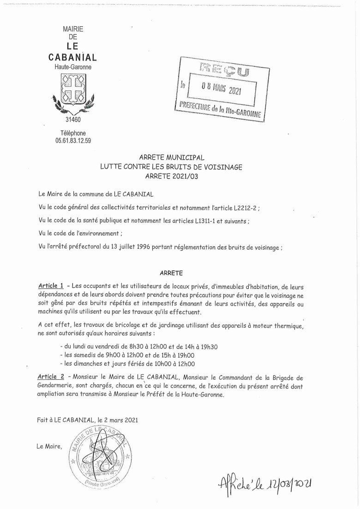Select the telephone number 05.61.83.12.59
73,141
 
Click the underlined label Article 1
51,286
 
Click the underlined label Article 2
51,377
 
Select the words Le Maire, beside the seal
49,446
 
